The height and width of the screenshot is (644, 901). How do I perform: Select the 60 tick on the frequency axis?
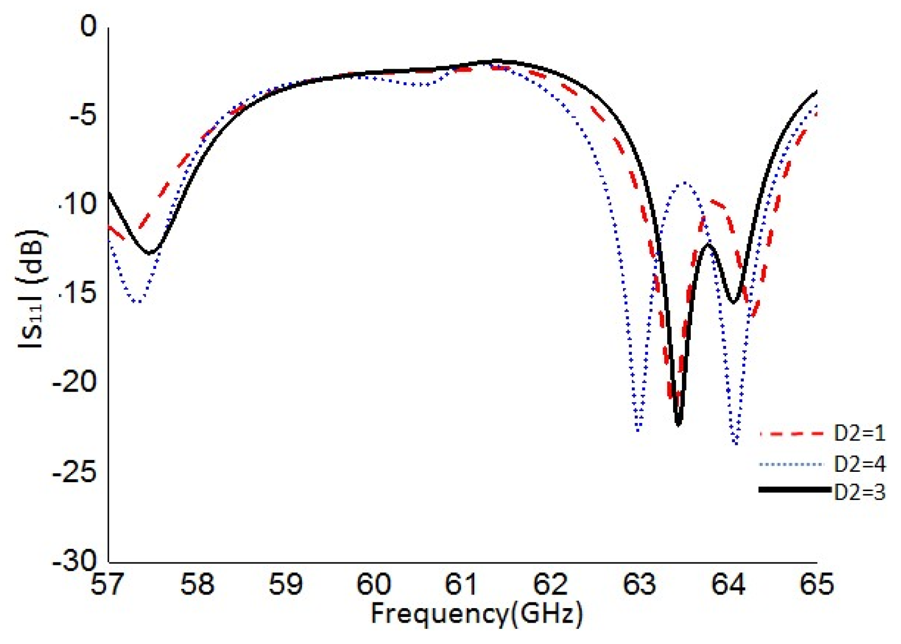coord(373,584)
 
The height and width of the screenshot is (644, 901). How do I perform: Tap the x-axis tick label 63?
coord(639,584)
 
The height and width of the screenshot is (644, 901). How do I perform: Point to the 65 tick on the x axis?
coord(816,584)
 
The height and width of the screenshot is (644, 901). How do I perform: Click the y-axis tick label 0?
coord(88,26)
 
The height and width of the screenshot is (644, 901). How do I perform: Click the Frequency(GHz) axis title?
coord(476,614)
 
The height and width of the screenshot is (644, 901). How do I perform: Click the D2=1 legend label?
coord(859,433)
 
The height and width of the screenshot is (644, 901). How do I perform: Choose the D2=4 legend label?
coord(859,463)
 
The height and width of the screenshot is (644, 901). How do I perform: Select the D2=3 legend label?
coord(859,492)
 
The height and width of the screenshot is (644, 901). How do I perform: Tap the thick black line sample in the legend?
coord(794,490)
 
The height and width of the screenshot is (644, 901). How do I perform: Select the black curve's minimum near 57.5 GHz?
coord(150,253)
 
